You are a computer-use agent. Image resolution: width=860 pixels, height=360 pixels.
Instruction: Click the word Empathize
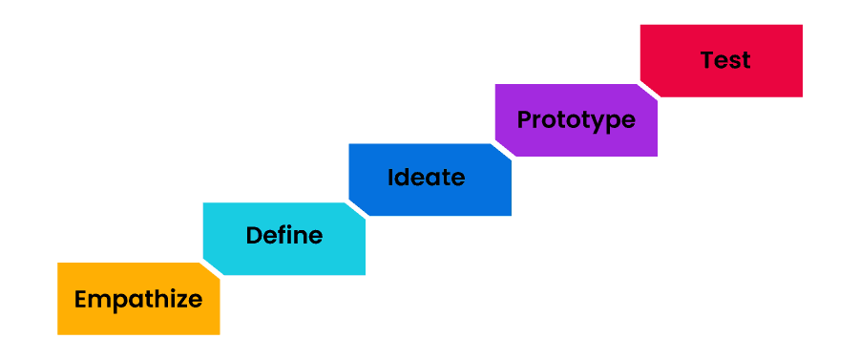coord(138,299)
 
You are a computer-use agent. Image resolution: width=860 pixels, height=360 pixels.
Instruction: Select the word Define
coord(284,235)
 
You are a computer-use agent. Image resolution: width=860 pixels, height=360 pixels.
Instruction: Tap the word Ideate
coord(426,178)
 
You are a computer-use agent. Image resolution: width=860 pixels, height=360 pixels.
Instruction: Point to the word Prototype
coord(576,120)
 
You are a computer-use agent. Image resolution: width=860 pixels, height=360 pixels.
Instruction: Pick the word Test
coord(725,60)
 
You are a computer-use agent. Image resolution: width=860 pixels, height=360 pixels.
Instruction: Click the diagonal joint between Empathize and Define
coord(211,269)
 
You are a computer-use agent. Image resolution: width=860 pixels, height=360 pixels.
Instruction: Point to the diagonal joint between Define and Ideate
coord(356,210)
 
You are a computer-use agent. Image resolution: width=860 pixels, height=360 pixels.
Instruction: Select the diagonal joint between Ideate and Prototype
coord(502,151)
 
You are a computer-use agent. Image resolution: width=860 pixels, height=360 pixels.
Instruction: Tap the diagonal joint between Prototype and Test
coord(648,90)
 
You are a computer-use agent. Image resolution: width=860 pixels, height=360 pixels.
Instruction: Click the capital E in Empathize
coord(81,299)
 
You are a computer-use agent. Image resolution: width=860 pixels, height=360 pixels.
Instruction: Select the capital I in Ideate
coord(391,178)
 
